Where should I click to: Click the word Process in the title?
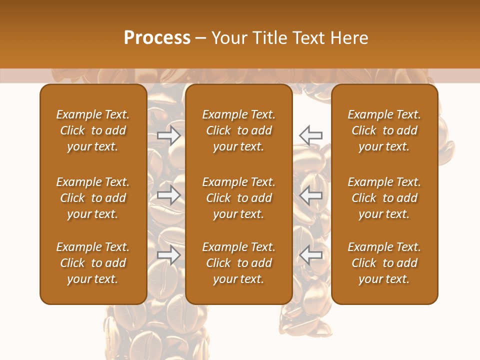(x=157, y=38)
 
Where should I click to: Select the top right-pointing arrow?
(x=169, y=135)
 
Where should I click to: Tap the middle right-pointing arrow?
(x=169, y=195)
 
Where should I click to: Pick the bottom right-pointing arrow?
(x=169, y=255)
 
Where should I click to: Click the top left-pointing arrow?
(x=310, y=135)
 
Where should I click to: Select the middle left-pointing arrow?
(x=310, y=195)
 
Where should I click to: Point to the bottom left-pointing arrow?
(x=310, y=255)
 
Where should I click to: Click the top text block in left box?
(x=93, y=130)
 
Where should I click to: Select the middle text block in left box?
(x=93, y=198)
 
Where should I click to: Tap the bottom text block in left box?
(x=93, y=263)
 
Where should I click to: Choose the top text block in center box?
(x=238, y=130)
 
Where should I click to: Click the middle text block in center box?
(x=238, y=198)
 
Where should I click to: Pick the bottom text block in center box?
(x=238, y=263)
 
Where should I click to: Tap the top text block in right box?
(x=384, y=130)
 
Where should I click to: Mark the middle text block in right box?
(x=384, y=198)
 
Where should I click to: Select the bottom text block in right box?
(x=384, y=263)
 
